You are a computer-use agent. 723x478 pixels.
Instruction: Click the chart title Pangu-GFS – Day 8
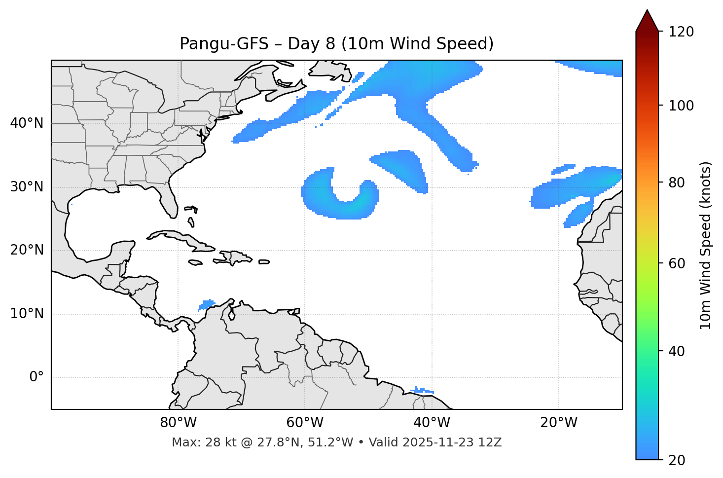point(336,44)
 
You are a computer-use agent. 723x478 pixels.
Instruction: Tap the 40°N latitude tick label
point(27,123)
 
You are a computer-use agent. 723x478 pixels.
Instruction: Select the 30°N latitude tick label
point(27,187)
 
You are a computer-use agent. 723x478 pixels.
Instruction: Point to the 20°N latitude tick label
point(27,250)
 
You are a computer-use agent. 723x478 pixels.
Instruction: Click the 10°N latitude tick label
point(27,314)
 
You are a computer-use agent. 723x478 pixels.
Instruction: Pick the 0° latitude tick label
point(36,377)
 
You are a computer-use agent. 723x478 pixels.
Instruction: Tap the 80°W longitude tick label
point(178,423)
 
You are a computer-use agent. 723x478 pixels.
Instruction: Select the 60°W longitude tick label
point(305,423)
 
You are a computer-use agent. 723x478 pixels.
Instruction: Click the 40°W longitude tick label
point(432,423)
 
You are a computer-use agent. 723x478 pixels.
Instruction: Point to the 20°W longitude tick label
point(558,423)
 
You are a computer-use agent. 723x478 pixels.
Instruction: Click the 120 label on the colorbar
point(681,32)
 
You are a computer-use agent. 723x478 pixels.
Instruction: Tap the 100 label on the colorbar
point(681,106)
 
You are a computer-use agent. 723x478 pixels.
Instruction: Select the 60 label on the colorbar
point(677,263)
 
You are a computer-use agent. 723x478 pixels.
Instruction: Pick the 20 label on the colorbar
point(677,460)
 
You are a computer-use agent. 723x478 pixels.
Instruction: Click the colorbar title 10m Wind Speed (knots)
point(706,245)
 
